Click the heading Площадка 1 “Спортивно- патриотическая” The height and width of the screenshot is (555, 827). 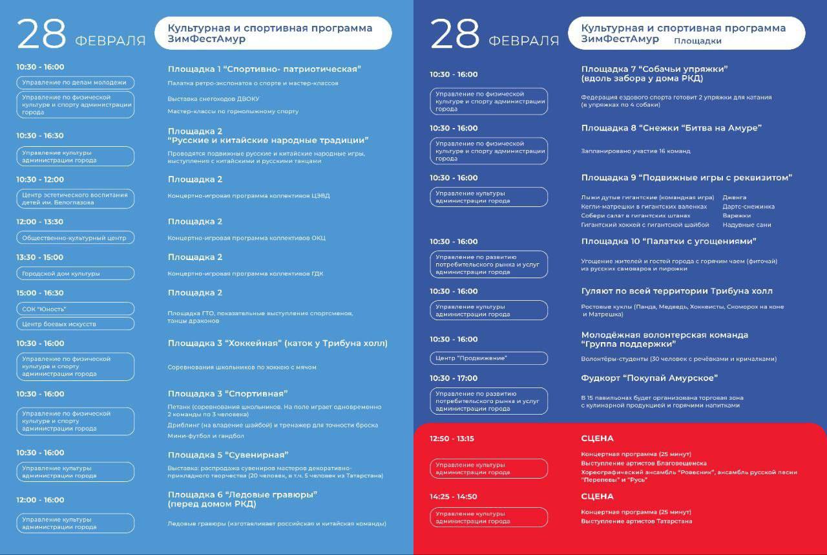point(264,69)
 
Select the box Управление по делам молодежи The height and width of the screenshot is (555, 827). point(75,82)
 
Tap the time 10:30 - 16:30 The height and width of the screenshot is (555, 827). point(40,136)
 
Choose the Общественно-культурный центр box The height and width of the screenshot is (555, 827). point(75,237)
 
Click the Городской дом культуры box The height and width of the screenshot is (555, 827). point(75,273)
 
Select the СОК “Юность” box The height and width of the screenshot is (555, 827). point(75,309)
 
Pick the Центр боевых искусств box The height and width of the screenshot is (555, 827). point(75,323)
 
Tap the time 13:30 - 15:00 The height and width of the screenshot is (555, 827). point(40,257)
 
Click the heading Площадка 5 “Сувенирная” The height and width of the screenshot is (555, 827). point(228,455)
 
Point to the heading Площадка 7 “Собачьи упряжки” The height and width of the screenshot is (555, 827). point(654,69)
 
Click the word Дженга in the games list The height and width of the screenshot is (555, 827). point(735,197)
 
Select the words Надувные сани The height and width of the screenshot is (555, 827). point(747,225)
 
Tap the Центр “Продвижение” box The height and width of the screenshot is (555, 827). point(488,358)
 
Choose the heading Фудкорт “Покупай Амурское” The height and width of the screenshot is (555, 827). point(649,378)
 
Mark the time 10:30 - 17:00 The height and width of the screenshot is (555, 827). point(454,378)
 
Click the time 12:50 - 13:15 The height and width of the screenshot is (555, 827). point(452,439)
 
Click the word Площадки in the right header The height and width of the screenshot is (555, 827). point(698,41)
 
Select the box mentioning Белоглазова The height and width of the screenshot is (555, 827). point(75,199)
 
